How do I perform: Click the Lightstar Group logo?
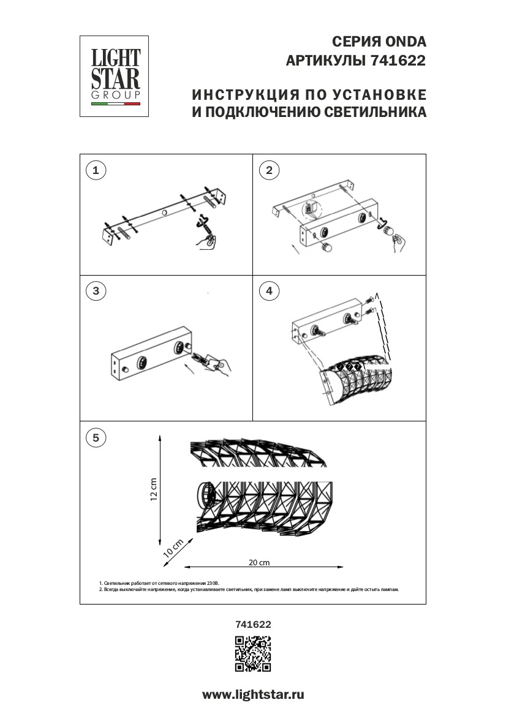[115, 76]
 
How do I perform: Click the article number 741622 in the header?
[398, 61]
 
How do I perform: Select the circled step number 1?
[95, 170]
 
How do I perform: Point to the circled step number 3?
[95, 291]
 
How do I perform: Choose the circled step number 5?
[95, 437]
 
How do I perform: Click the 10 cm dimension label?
[173, 546]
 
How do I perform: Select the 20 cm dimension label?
[259, 562]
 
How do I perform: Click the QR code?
[253, 654]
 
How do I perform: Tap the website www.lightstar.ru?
[253, 695]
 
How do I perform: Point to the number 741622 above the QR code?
[253, 625]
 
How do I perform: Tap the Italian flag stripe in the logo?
[116, 105]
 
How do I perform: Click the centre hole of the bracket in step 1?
[164, 212]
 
